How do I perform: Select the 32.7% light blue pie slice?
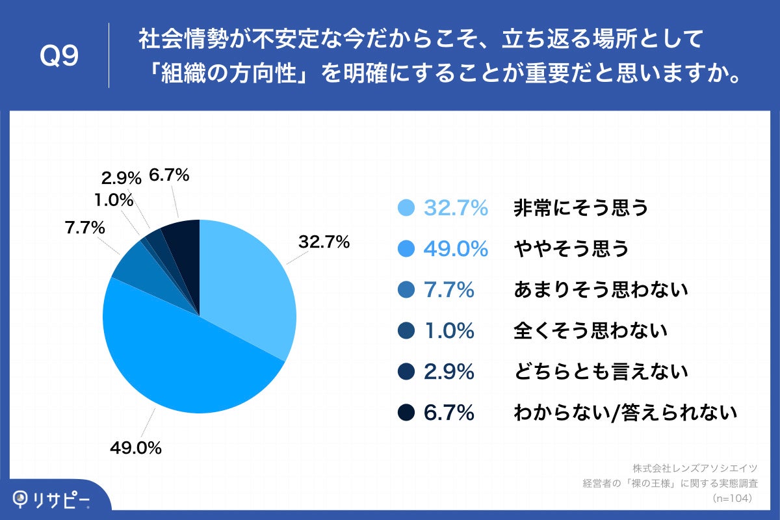247,286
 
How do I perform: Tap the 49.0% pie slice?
182,364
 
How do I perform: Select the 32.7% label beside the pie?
324,242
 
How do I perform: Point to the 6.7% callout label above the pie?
169,175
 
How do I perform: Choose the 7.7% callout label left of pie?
85,228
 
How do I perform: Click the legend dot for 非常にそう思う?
406,208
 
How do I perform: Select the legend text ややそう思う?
571,249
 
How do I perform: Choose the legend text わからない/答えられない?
625,413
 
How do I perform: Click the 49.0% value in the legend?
456,249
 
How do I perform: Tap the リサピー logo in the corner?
52,499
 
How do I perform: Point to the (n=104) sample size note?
733,498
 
